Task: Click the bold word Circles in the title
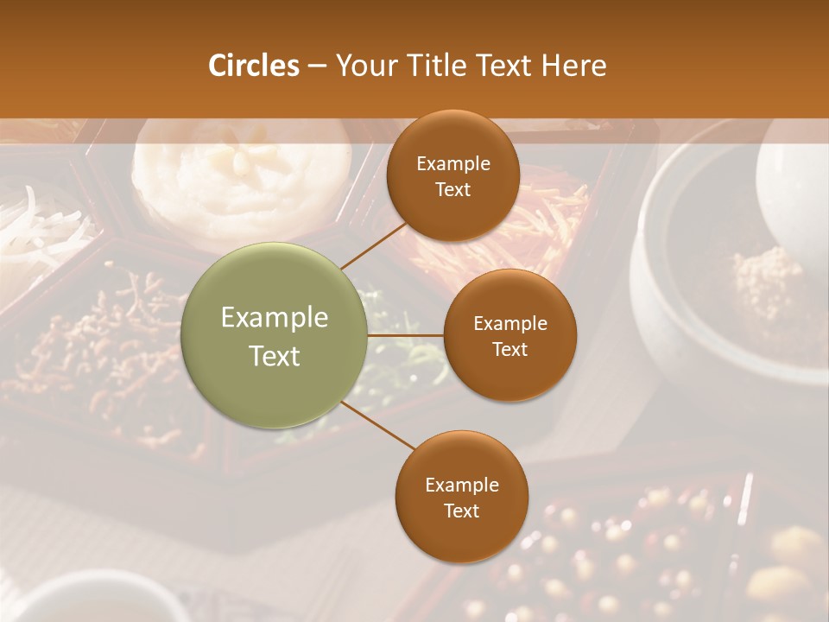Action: coord(253,66)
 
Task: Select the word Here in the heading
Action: coord(573,66)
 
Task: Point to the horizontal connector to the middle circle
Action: coord(405,335)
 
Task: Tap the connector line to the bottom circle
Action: coord(377,425)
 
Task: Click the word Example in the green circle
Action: coord(274,318)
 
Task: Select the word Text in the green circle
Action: coord(274,356)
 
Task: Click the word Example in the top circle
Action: coord(452,164)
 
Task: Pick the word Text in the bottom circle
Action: coord(461,511)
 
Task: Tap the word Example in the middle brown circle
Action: coord(509,324)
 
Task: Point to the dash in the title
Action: coord(317,66)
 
